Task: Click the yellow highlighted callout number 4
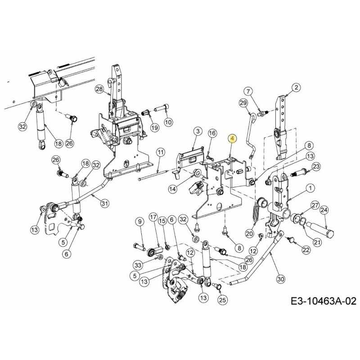(x=232, y=139)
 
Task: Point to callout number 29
(x=243, y=103)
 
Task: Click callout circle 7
(x=249, y=92)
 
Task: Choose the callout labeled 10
(x=168, y=122)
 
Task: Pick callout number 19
(x=154, y=128)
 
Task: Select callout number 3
(x=197, y=131)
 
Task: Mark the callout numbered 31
(x=104, y=203)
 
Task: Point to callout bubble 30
(x=280, y=279)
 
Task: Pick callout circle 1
(x=310, y=187)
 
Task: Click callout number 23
(x=316, y=166)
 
